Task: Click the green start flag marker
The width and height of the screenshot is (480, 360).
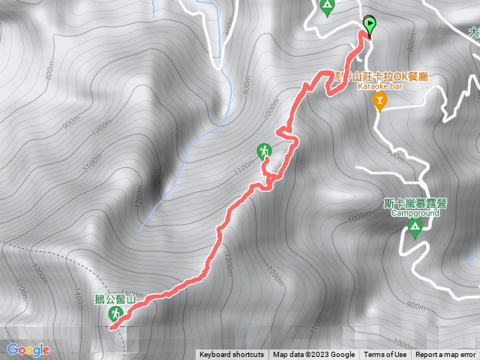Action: (x=370, y=25)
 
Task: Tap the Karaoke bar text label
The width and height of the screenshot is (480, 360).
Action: (x=380, y=87)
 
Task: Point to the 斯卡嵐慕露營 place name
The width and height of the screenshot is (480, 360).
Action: (x=415, y=202)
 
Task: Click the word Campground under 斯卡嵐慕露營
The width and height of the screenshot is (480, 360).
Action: (x=415, y=212)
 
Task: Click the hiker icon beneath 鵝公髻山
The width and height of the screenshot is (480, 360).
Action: (x=115, y=316)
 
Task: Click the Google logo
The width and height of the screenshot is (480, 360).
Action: (x=28, y=349)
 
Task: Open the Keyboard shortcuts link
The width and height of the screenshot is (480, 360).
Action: (x=231, y=355)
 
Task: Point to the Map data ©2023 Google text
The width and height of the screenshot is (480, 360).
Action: (x=313, y=355)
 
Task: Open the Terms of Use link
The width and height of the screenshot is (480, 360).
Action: (x=385, y=355)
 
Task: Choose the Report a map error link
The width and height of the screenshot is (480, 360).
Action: (x=445, y=355)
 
